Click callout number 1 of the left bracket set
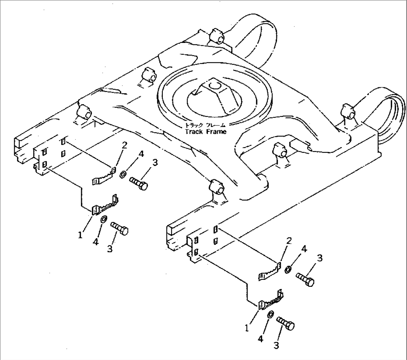click(x=80, y=235)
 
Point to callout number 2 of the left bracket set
click(x=124, y=145)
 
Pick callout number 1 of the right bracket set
click(x=246, y=328)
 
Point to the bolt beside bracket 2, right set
click(x=305, y=279)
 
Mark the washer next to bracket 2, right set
click(x=289, y=269)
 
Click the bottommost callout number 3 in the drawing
click(x=276, y=346)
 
